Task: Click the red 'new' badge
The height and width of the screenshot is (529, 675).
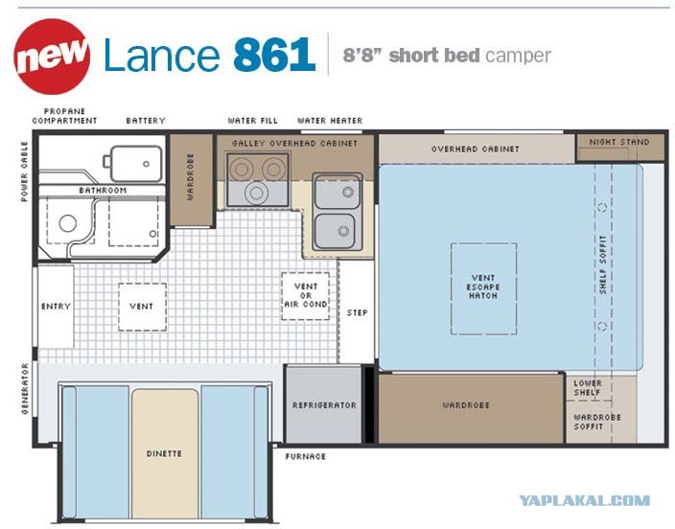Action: click(x=52, y=57)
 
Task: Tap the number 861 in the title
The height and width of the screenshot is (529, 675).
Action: click(x=274, y=55)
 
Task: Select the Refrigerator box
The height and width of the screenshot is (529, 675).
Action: click(x=324, y=404)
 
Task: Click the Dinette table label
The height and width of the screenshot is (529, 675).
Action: click(x=164, y=453)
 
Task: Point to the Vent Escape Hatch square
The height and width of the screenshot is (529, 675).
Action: click(x=483, y=288)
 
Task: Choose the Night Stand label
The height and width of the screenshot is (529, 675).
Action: click(x=619, y=142)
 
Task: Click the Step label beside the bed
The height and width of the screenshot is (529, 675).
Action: click(x=358, y=312)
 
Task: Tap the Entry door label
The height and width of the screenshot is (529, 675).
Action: click(x=56, y=307)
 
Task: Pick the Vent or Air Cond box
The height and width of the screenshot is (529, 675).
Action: click(x=305, y=296)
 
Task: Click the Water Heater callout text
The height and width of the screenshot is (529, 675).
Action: click(x=330, y=121)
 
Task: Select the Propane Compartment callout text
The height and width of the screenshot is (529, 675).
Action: click(x=64, y=116)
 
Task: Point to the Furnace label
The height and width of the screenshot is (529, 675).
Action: click(x=305, y=456)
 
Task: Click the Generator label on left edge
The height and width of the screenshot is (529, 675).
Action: click(x=25, y=388)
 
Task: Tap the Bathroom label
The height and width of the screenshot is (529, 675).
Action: click(x=103, y=191)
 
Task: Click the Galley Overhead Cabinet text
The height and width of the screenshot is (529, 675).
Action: click(x=295, y=144)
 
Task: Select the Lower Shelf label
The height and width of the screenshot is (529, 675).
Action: click(x=588, y=387)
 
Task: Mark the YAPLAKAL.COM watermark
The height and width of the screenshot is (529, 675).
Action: click(x=584, y=500)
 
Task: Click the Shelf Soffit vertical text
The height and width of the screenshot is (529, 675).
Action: click(x=603, y=264)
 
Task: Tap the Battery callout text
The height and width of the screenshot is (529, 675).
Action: click(x=146, y=121)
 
